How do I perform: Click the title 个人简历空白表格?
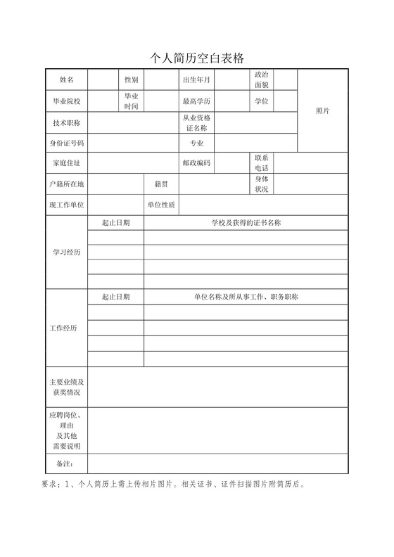click(x=197, y=58)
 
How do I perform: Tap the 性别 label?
click(x=132, y=80)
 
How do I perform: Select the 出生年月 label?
click(x=196, y=80)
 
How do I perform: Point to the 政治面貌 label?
click(x=262, y=79)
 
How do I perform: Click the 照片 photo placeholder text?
click(x=323, y=111)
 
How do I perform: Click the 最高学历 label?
click(x=196, y=101)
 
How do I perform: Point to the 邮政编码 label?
click(x=196, y=163)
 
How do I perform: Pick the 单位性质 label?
click(x=161, y=205)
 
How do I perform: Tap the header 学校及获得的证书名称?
click(x=246, y=222)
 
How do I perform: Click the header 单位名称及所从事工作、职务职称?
click(x=246, y=297)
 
